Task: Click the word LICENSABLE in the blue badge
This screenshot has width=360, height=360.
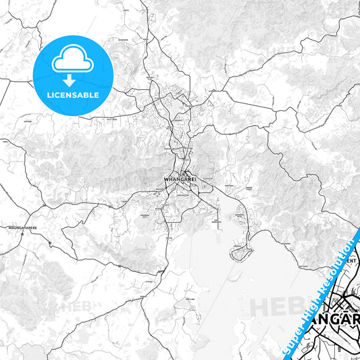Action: click(x=72, y=95)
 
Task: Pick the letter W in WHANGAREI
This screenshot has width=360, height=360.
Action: click(x=166, y=180)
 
